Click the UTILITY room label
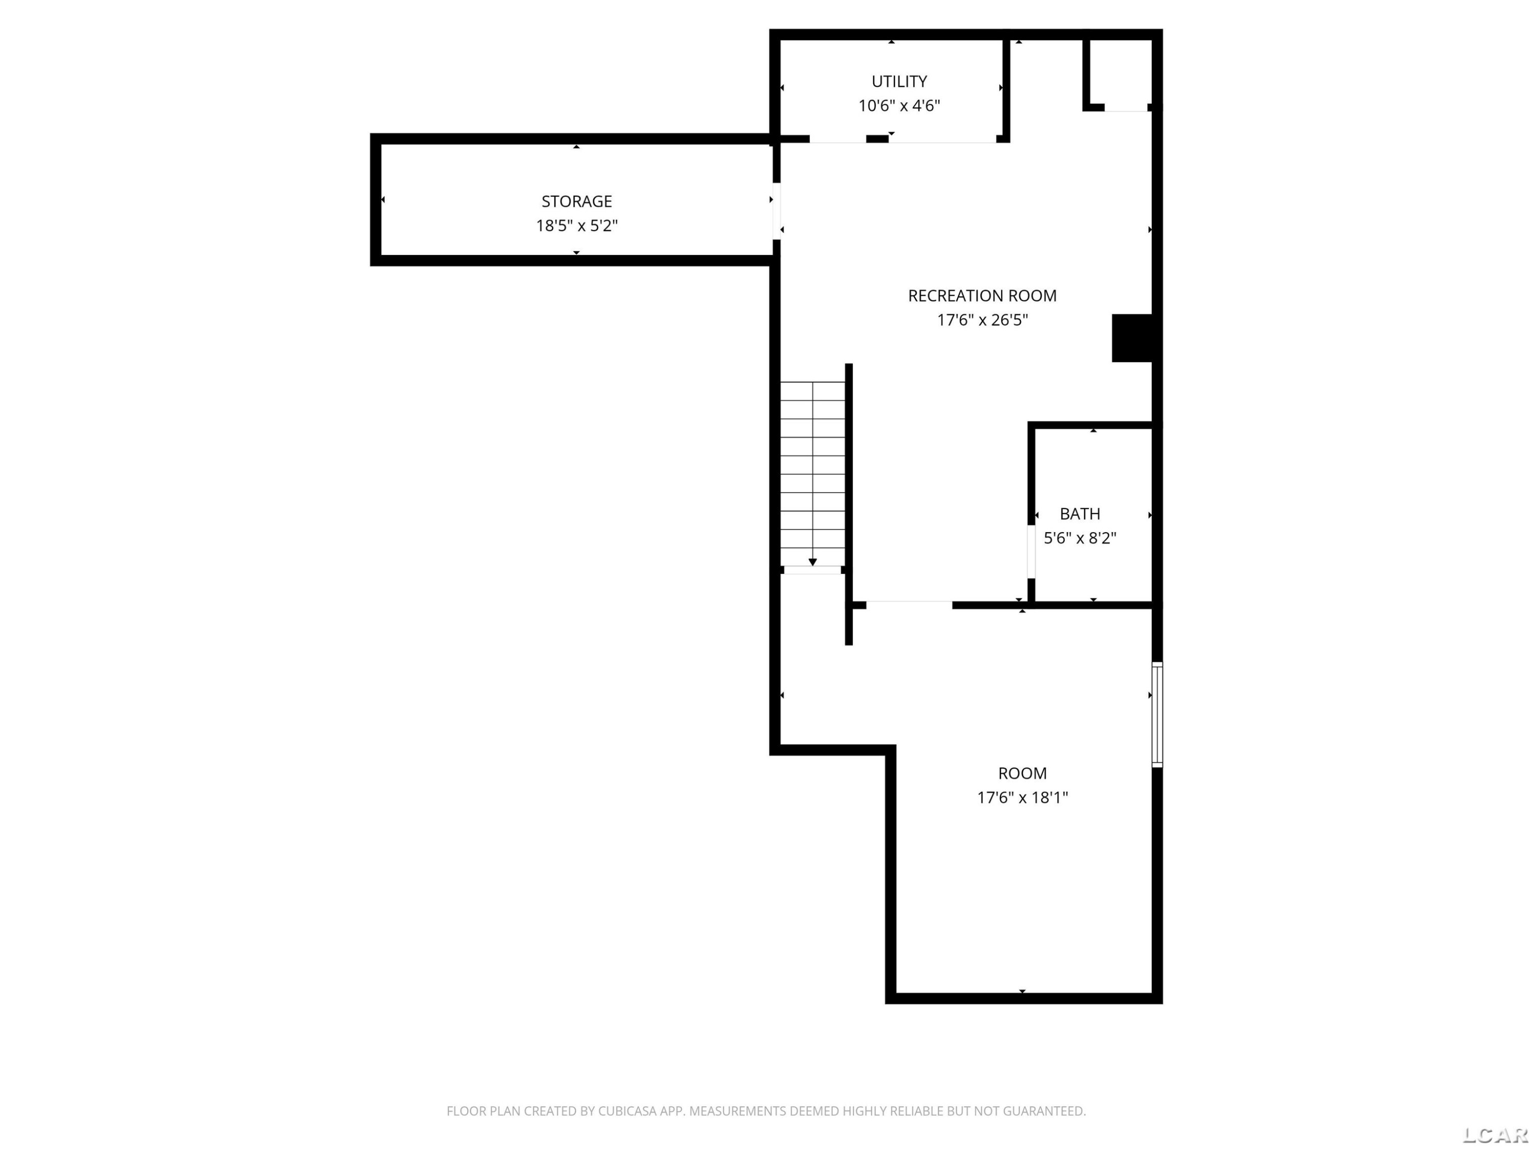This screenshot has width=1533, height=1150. click(899, 81)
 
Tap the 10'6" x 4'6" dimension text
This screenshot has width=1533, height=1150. click(899, 105)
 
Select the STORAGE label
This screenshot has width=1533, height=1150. click(576, 201)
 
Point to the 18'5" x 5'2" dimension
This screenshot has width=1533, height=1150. click(576, 225)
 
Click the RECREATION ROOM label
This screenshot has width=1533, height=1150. click(982, 295)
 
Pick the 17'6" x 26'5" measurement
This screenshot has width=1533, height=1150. click(982, 319)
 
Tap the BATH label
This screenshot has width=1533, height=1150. click(1080, 514)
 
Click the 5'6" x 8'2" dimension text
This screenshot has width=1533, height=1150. click(1080, 538)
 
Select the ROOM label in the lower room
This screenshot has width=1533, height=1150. click(1022, 773)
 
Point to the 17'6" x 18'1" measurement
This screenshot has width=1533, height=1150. click(1022, 797)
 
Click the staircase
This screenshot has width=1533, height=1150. click(812, 474)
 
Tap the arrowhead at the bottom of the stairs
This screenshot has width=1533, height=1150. click(812, 562)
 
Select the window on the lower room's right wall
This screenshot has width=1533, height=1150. click(1157, 714)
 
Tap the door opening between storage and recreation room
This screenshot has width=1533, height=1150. click(776, 211)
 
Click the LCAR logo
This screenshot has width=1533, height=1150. click(1495, 1134)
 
